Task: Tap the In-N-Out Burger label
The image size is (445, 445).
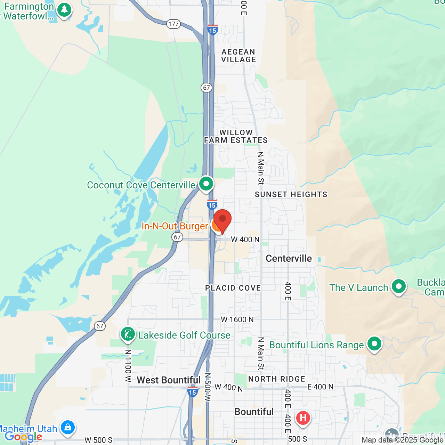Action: (175, 226)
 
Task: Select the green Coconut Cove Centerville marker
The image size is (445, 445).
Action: (206, 183)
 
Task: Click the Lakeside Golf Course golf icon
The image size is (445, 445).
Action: (128, 334)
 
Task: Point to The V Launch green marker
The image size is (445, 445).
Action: (399, 287)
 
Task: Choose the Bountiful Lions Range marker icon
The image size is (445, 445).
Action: (374, 344)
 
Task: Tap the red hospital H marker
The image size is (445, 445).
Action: (303, 418)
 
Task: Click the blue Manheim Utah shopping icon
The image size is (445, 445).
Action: (67, 428)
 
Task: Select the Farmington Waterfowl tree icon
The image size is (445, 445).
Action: (64, 10)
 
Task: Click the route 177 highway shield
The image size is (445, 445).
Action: (173, 24)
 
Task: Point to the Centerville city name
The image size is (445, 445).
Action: (289, 258)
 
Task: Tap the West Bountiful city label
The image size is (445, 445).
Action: (169, 380)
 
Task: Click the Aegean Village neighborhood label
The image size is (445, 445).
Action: (238, 56)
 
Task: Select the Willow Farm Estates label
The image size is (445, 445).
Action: (236, 136)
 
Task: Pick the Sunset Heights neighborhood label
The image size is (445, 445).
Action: (291, 194)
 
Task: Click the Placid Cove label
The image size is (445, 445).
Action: (233, 288)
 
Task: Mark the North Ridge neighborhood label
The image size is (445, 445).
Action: (277, 379)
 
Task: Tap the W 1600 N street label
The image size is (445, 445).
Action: (237, 319)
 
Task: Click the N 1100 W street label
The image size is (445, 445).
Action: (128, 366)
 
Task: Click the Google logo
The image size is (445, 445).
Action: (23, 437)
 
